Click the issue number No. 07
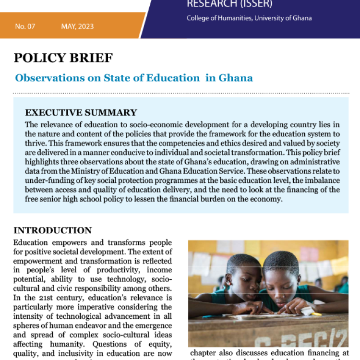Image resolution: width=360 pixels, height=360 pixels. pyautogui.click(x=25, y=26)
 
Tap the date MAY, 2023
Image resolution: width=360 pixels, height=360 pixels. pyautogui.click(x=77, y=26)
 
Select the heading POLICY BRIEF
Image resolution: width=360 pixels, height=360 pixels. pyautogui.click(x=63, y=58)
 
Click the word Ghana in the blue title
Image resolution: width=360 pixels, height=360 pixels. pyautogui.click(x=235, y=78)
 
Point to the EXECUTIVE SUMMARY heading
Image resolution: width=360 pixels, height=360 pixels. pyautogui.click(x=81, y=113)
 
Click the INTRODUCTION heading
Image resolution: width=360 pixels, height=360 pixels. pyautogui.click(x=52, y=230)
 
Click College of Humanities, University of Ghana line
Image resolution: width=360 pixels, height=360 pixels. pyautogui.click(x=249, y=18)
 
